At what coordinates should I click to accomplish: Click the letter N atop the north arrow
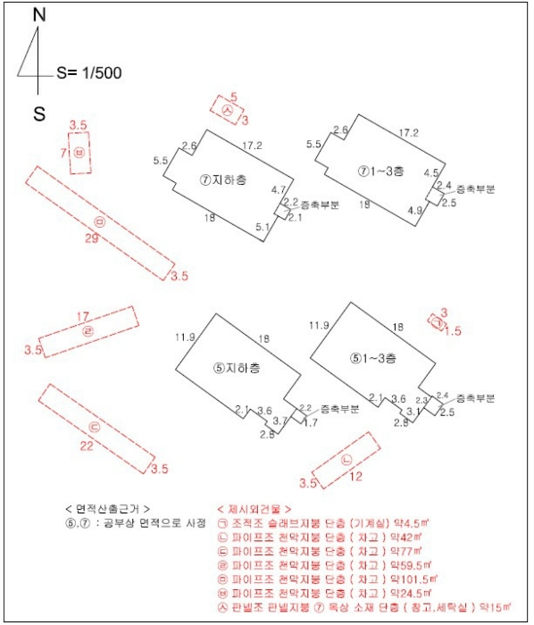click(38, 15)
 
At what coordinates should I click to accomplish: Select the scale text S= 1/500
click(88, 73)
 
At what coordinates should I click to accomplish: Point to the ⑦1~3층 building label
click(381, 170)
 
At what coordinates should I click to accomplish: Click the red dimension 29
click(90, 238)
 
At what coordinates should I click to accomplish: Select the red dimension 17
click(82, 316)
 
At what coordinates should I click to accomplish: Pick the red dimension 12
click(356, 477)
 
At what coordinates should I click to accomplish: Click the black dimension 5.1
click(263, 228)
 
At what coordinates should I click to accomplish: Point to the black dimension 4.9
click(414, 211)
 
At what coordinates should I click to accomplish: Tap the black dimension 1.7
click(311, 421)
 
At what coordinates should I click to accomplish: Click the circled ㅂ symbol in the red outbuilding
click(80, 153)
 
